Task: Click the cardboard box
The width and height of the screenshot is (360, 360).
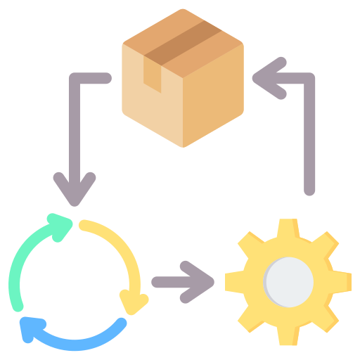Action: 183,77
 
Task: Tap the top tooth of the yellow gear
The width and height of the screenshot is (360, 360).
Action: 288,229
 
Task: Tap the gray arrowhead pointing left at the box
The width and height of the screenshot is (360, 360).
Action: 266,79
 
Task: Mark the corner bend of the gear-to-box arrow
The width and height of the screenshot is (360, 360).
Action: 309,79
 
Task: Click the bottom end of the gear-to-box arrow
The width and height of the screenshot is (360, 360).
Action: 309,188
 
